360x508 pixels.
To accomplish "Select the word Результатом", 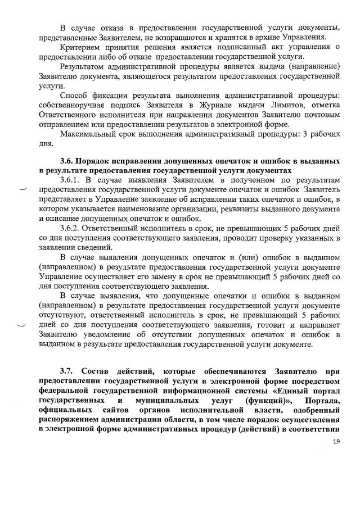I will pyautogui.click(x=84, y=66).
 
